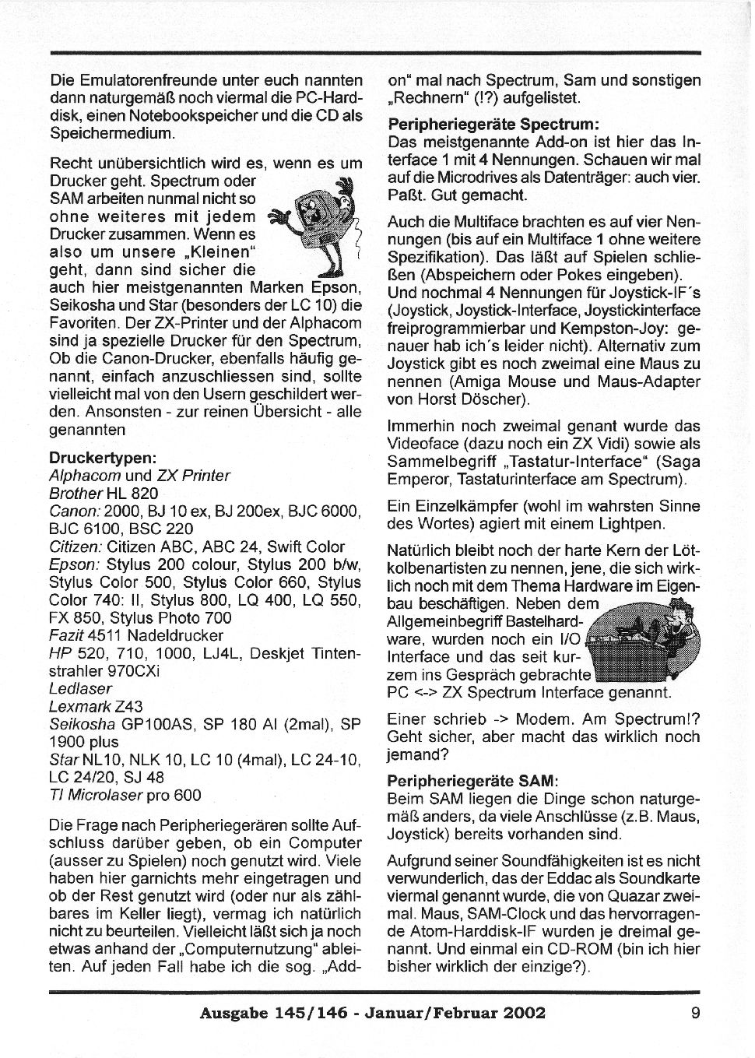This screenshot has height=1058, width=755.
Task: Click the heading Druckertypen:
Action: [x=103, y=458]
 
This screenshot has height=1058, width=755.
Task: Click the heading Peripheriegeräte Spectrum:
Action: [x=493, y=124]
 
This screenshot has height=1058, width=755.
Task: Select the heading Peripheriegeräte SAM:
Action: [x=473, y=780]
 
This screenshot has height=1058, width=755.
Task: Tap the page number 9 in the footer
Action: [x=694, y=1012]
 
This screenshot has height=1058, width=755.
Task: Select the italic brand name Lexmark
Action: [x=80, y=706]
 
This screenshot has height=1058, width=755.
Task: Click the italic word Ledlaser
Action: [x=80, y=688]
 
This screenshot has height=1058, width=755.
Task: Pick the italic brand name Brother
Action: [x=75, y=494]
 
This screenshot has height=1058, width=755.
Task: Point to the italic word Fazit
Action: [x=67, y=635]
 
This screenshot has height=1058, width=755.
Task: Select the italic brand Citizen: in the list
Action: [x=75, y=547]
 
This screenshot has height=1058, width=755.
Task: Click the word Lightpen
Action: [x=634, y=524]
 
